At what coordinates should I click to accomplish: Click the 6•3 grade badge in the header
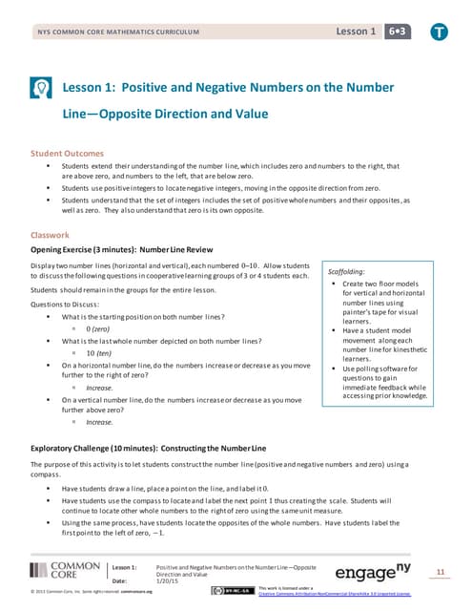pos(391,32)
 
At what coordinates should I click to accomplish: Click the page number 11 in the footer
pos(441,571)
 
